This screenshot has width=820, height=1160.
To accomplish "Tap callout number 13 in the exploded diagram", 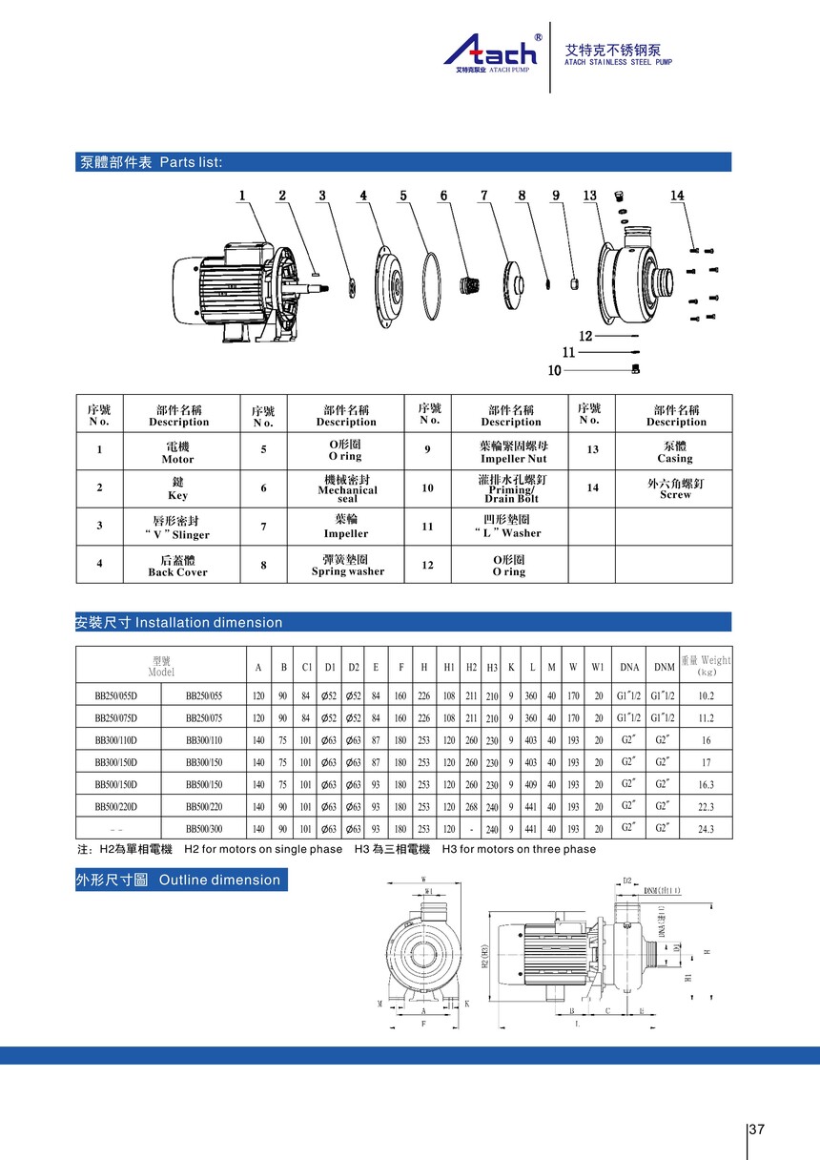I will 590,196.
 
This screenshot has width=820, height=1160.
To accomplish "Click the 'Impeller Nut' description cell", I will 512,451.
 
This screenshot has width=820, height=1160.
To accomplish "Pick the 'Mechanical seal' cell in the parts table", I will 347,489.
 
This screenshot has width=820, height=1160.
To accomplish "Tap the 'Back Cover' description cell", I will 177,566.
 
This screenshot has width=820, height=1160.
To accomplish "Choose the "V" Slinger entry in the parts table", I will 177,528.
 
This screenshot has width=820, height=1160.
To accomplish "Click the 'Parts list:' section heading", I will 151,162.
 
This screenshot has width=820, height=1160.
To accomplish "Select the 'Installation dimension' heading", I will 179,622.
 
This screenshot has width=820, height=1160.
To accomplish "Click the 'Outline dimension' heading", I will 179,880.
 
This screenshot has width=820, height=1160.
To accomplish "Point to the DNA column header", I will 629,667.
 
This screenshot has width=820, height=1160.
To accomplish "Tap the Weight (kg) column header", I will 706,664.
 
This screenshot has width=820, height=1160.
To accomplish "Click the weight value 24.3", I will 706,829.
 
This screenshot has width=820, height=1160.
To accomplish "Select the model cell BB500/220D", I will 115,806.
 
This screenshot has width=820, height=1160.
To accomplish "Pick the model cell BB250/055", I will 203,695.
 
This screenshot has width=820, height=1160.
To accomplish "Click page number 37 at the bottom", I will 757,1129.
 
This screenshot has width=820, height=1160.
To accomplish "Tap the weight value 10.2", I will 706,695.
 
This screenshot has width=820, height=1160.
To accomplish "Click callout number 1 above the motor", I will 242,196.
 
